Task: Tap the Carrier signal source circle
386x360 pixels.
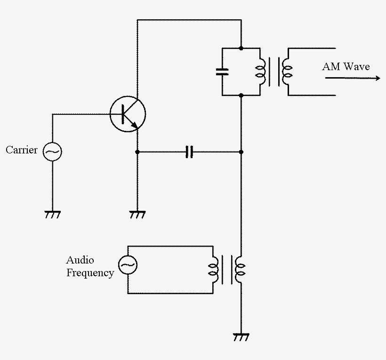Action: pos(52,152)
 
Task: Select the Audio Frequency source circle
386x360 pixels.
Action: pos(127,265)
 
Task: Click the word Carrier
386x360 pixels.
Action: pos(22,151)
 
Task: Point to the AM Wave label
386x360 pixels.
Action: pos(346,66)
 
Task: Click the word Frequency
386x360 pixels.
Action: pos(90,273)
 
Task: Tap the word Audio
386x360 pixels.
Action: pos(80,260)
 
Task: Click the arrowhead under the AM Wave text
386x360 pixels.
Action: pos(377,78)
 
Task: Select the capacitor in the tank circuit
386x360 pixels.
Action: pos(222,72)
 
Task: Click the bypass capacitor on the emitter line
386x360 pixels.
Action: pos(189,152)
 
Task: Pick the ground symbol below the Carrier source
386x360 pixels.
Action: pos(52,215)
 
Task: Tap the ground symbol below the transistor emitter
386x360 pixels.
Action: pos(137,215)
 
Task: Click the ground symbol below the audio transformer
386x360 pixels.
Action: pos(241,337)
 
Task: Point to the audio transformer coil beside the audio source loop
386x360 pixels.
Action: pos(215,270)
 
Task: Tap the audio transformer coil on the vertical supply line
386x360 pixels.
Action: pos(241,270)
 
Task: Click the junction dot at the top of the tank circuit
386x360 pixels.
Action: pos(241,48)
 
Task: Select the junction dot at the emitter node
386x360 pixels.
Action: pos(137,152)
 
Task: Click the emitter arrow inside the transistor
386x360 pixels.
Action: pos(135,125)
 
